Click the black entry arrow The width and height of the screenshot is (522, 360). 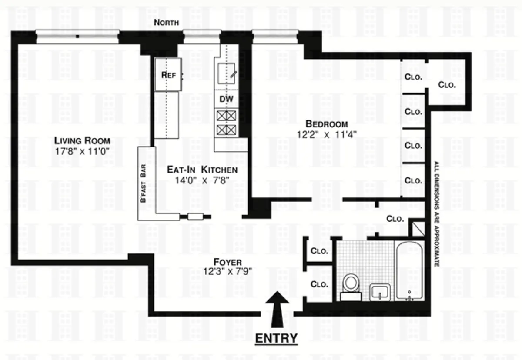[x=276, y=309]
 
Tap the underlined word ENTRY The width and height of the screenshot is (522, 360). [x=276, y=338]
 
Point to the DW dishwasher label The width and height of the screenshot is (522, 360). [x=226, y=99]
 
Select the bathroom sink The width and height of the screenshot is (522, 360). [x=381, y=292]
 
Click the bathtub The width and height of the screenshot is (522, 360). [x=409, y=270]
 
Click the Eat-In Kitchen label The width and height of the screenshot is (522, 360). [x=202, y=170]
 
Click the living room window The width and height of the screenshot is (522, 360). [x=77, y=36]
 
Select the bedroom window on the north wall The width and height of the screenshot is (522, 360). [x=274, y=36]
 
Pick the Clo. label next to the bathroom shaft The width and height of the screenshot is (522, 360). [x=395, y=219]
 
